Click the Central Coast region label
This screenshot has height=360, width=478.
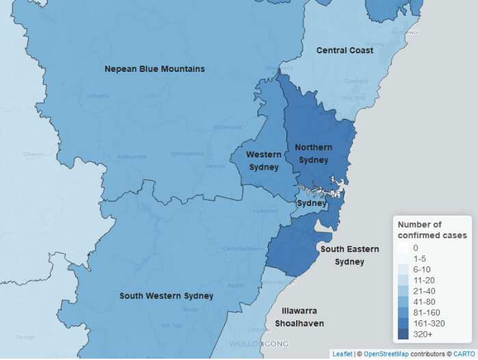pyautogui.click(x=345, y=51)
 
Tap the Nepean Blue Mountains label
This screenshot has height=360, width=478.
pyautogui.click(x=155, y=69)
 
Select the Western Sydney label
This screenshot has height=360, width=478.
pyautogui.click(x=263, y=161)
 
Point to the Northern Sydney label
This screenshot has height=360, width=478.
pyautogui.click(x=314, y=153)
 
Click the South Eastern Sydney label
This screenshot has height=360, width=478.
pyautogui.click(x=349, y=255)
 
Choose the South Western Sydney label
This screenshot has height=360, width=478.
pyautogui.click(x=166, y=296)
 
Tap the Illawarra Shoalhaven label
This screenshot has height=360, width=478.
pyautogui.click(x=300, y=317)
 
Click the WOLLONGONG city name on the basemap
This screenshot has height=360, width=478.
pyautogui.click(x=258, y=344)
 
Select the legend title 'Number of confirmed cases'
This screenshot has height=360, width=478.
pyautogui.click(x=432, y=230)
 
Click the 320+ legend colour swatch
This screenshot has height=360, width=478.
pyautogui.click(x=404, y=334)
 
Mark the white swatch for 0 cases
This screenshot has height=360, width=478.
pyautogui.click(x=404, y=248)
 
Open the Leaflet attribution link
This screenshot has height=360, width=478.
pyautogui.click(x=342, y=354)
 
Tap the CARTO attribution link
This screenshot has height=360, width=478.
pyautogui.click(x=464, y=354)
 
